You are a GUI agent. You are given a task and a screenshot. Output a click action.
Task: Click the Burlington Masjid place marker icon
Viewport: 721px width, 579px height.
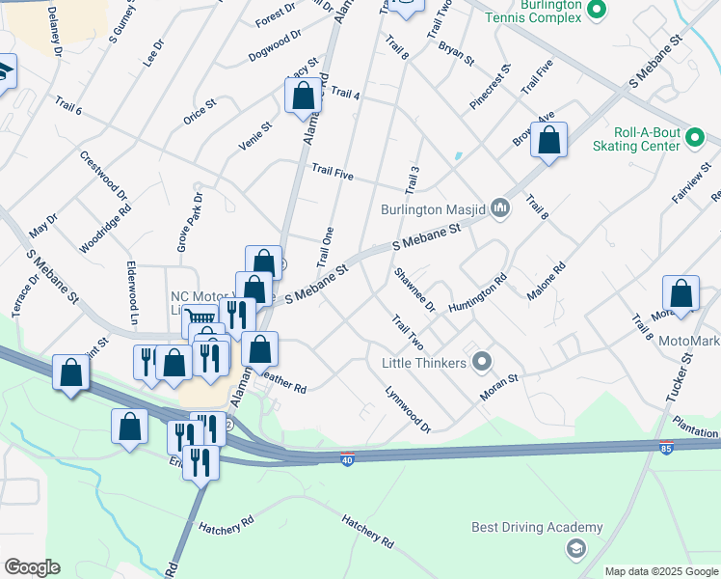pyautogui.click(x=500, y=207)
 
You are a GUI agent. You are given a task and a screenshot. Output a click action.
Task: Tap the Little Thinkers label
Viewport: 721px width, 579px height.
pyautogui.click(x=424, y=363)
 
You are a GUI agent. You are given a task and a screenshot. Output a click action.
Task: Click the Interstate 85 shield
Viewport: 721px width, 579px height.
pyautogui.click(x=666, y=449)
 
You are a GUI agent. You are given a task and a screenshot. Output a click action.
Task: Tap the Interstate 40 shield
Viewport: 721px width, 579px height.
pyautogui.click(x=347, y=457)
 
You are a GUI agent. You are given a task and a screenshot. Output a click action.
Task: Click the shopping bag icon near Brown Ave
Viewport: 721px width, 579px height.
pyautogui.click(x=549, y=141)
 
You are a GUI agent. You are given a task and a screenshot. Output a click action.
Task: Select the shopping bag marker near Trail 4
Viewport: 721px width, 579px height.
pyautogui.click(x=303, y=96)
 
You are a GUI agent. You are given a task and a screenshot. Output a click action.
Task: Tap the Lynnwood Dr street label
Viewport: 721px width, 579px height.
pyautogui.click(x=407, y=409)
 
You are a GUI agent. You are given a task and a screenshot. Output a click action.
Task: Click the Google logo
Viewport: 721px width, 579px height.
pyautogui.click(x=32, y=566)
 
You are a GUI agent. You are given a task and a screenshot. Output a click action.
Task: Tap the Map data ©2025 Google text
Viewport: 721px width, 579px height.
pyautogui.click(x=661, y=571)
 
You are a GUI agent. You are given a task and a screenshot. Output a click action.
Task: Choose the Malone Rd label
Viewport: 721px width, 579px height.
pyautogui.click(x=546, y=281)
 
